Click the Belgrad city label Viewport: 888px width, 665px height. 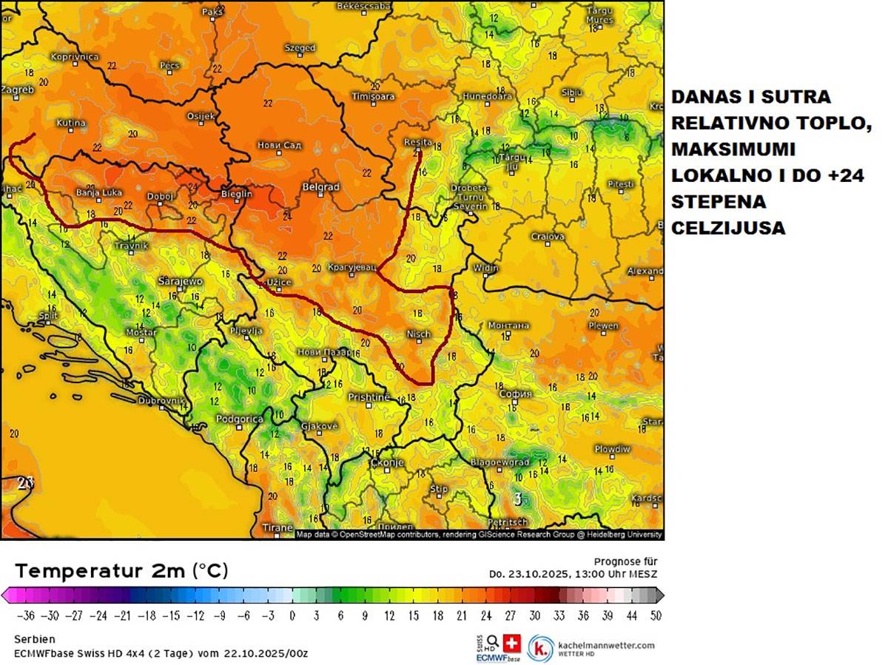click(x=320, y=187)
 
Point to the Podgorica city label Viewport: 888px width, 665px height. click(x=239, y=419)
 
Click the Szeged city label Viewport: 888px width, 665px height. click(x=300, y=48)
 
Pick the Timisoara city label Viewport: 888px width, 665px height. click(x=373, y=97)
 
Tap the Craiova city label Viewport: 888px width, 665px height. click(x=548, y=237)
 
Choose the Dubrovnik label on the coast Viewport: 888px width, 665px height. click(x=161, y=400)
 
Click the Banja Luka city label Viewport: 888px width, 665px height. click(x=98, y=193)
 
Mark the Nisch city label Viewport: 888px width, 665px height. click(x=418, y=334)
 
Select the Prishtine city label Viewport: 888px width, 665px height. click(x=369, y=397)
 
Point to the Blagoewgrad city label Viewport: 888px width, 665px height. click(x=500, y=462)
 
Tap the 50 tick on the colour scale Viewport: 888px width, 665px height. click(x=654, y=615)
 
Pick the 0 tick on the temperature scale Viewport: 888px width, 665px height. click(x=292, y=615)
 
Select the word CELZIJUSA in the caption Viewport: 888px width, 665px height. click(x=728, y=229)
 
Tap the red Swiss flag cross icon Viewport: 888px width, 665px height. click(x=512, y=642)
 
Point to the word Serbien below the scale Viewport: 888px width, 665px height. click(x=35, y=639)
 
